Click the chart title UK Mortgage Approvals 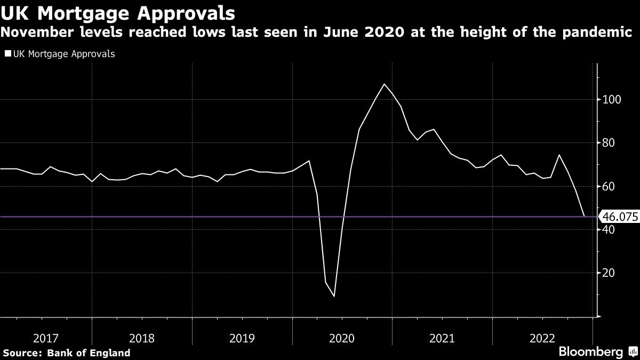coord(117,12)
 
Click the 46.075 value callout coord(619,217)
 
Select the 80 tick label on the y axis coord(609,143)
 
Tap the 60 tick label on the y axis coord(609,186)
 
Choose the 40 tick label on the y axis coord(609,229)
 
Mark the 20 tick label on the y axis coord(609,273)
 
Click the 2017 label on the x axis coord(45,338)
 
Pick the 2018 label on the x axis coord(142,338)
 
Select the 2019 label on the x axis coord(242,338)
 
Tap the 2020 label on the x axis coord(342,338)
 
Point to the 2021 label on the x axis coord(442,338)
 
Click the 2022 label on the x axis coord(542,338)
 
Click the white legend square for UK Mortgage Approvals coord(7,54)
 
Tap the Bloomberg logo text coord(590,352)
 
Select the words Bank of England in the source coord(89,353)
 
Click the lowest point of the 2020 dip coord(334,296)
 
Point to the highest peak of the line coord(384,84)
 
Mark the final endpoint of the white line coord(584,216)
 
